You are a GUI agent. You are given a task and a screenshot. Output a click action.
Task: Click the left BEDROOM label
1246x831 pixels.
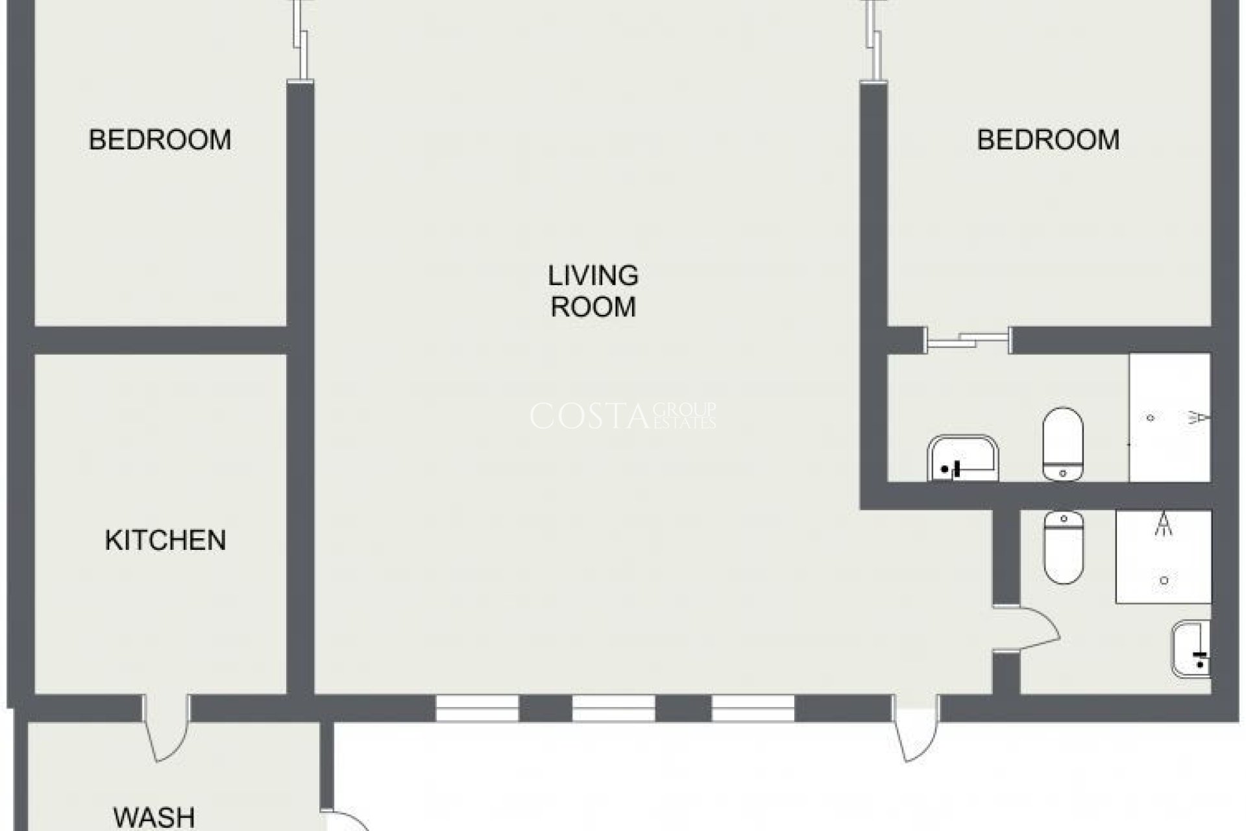coord(160,140)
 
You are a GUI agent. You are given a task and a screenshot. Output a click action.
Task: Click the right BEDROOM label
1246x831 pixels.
coord(1048,140)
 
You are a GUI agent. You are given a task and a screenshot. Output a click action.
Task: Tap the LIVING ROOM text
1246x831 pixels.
coord(593,291)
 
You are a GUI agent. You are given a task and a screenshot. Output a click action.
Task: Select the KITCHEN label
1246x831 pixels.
coord(165,540)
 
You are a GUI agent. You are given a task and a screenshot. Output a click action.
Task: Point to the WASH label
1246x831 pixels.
coord(154,816)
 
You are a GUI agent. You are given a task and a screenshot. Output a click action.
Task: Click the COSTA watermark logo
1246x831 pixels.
coord(622,416)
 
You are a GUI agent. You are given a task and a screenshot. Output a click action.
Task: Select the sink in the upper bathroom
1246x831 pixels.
coord(962,458)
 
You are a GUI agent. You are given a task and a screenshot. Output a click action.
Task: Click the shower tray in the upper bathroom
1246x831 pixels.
coord(1169,417)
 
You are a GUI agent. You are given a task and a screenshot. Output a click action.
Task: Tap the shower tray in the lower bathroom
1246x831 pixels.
coord(1164,557)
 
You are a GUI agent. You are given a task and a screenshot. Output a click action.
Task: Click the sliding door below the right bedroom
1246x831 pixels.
coord(967,340)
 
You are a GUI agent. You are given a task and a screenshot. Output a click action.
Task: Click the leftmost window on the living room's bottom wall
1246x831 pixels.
coord(477,708)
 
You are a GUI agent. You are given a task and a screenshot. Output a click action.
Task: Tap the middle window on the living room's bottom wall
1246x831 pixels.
coord(613,708)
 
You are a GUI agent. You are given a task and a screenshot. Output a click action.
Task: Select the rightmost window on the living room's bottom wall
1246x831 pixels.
coord(753,708)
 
